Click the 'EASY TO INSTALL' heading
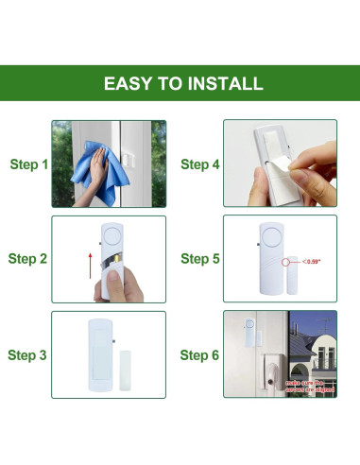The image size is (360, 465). click(183, 83)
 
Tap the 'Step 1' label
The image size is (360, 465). click(28, 164)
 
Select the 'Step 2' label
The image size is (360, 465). click(28, 259)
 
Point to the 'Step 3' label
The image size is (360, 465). click(28, 354)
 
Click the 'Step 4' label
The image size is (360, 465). click(200, 164)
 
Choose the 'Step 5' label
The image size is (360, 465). click(200, 259)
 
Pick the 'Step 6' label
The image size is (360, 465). click(200, 354)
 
